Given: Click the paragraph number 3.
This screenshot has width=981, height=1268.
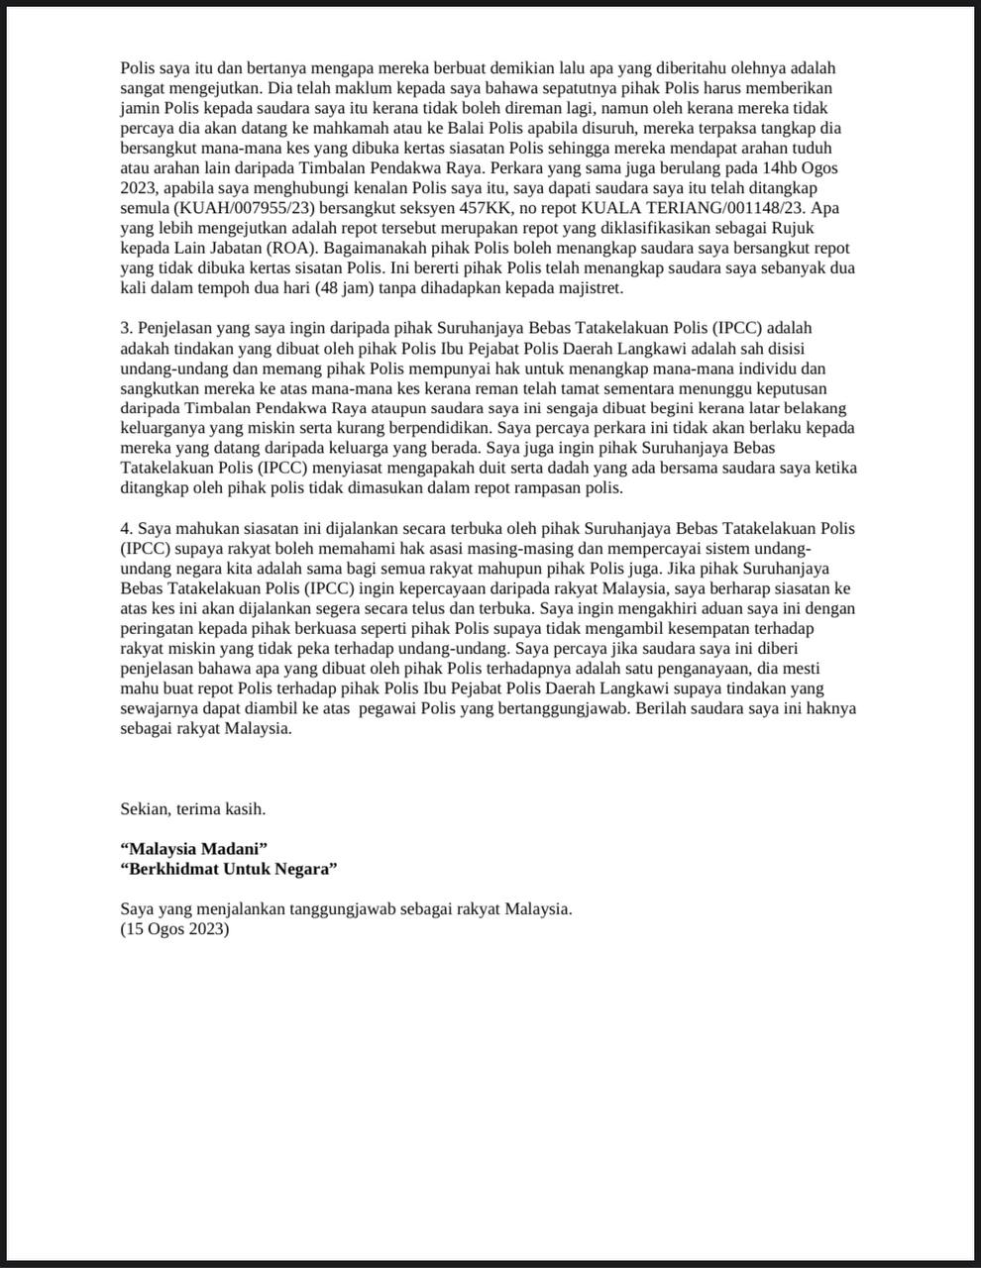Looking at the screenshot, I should tap(126, 328).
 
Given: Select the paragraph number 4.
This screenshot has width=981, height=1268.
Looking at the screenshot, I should tap(126, 528).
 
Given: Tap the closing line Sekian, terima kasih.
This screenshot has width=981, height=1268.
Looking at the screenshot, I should tap(192, 808).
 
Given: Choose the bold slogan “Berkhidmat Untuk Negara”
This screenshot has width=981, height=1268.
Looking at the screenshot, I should tap(229, 868).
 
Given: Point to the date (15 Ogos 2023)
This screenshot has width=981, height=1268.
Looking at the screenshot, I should tap(174, 929).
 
